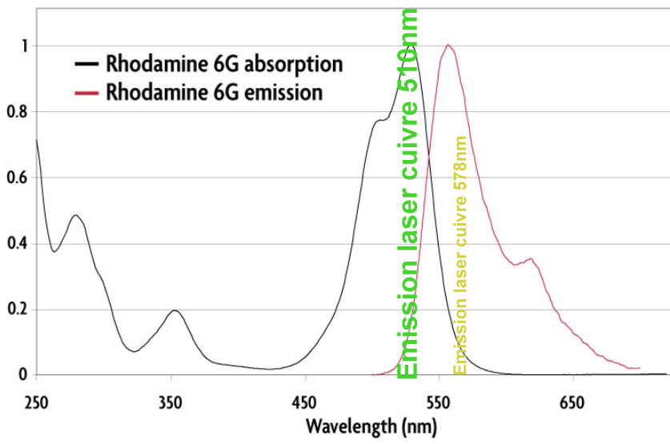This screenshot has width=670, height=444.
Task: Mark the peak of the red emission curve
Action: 448,45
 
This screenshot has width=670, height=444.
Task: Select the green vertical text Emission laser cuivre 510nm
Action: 407,192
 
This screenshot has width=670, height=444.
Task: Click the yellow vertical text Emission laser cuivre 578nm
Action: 460,254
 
